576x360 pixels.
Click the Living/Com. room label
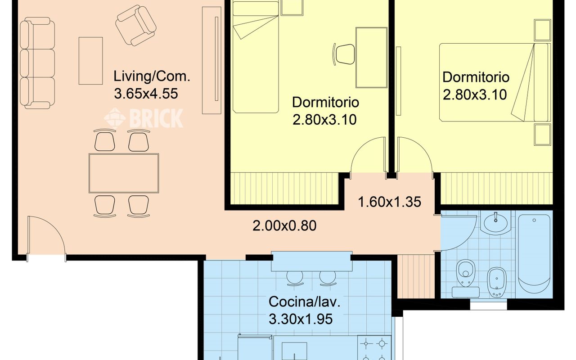pos(152,76)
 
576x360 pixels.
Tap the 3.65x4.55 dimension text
pos(146,94)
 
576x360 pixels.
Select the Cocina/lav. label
pos(305,301)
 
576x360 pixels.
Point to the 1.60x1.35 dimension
pos(389,202)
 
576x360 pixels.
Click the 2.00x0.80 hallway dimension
pos(284,226)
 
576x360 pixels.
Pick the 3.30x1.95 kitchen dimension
pos(301,319)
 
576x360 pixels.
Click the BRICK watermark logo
pos(144,118)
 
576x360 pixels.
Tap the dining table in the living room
pos(124,173)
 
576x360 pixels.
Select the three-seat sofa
pos(37,63)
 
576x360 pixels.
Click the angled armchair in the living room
pos(136,26)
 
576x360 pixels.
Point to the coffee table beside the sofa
pos(90,61)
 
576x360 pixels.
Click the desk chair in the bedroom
pos(344,54)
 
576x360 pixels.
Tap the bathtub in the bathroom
pos(534,254)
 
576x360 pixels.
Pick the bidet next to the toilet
pos(497,282)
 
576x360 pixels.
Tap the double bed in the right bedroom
pos(495,82)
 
